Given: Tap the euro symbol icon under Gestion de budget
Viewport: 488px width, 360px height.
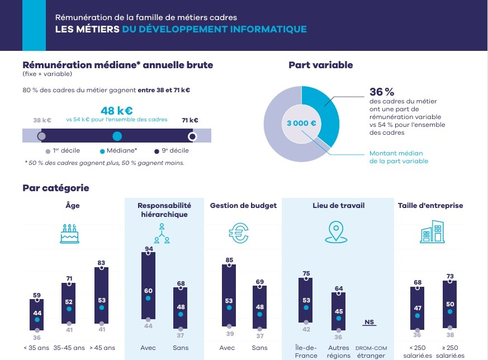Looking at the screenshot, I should tap(239, 234).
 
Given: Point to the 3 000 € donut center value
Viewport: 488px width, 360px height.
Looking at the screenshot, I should tap(301, 124).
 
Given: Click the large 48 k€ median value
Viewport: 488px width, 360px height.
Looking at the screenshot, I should tap(116, 110).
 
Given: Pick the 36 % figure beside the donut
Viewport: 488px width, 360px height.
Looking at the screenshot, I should tap(382, 92).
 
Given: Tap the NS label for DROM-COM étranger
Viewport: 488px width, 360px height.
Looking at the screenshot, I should tap(368, 322).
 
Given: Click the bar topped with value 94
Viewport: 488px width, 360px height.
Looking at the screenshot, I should tap(149, 288).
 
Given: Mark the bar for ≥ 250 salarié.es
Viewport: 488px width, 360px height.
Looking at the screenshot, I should tap(450, 304).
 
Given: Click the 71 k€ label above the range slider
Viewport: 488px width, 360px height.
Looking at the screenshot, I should tap(190, 120).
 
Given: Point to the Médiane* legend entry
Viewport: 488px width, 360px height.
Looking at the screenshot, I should tap(119, 151).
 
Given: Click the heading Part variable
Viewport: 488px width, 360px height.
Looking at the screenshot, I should tap(320, 65).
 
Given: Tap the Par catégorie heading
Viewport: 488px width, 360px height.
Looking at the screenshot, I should tap(56, 188).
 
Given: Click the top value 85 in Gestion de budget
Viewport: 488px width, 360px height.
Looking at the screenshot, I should tap(229, 260).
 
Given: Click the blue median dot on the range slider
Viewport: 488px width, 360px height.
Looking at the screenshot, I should tap(117, 136).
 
